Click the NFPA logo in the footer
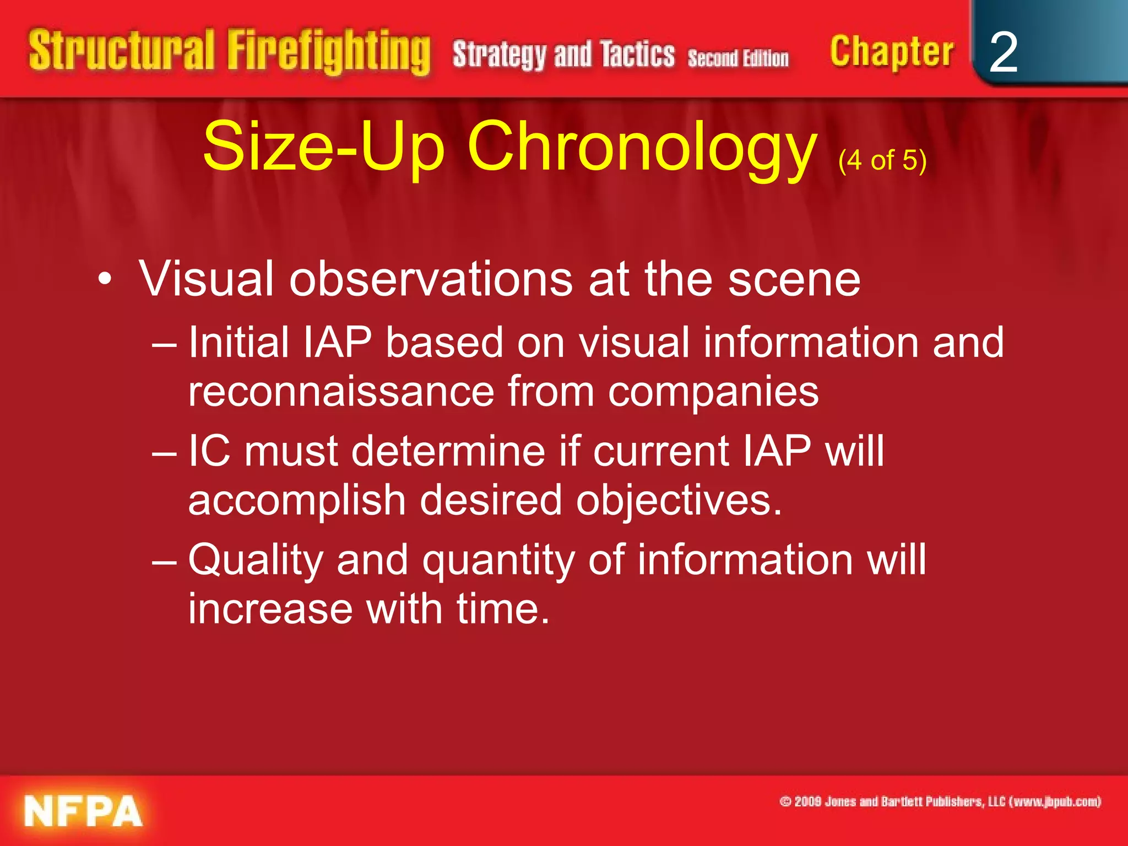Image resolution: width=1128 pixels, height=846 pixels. tap(83, 811)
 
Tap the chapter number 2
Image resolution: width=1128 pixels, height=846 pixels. tap(1003, 52)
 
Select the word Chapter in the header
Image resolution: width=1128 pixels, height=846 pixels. tap(891, 52)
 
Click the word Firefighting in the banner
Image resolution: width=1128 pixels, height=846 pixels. tap(329, 52)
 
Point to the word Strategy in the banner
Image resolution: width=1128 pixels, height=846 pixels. tap(500, 55)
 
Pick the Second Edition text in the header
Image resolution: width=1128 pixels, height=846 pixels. tap(738, 58)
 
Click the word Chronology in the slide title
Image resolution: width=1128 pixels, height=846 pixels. tap(642, 147)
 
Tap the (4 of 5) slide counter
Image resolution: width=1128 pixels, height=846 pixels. tap(882, 160)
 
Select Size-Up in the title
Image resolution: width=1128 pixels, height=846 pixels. tap(324, 147)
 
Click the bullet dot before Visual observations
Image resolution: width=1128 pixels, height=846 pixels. tap(105, 279)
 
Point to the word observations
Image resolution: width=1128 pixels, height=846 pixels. tap(431, 279)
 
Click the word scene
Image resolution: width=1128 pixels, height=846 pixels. tap(794, 279)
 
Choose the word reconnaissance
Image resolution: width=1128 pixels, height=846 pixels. tap(341, 392)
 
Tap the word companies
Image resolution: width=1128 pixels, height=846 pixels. tap(713, 392)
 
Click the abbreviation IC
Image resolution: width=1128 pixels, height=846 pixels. tap(209, 451)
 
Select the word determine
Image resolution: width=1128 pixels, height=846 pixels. tap(448, 451)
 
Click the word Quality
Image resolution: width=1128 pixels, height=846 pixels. tap(256, 560)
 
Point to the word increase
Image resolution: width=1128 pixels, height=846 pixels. tap(270, 609)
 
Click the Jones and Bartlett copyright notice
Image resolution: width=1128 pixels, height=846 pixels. tap(940, 801)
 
